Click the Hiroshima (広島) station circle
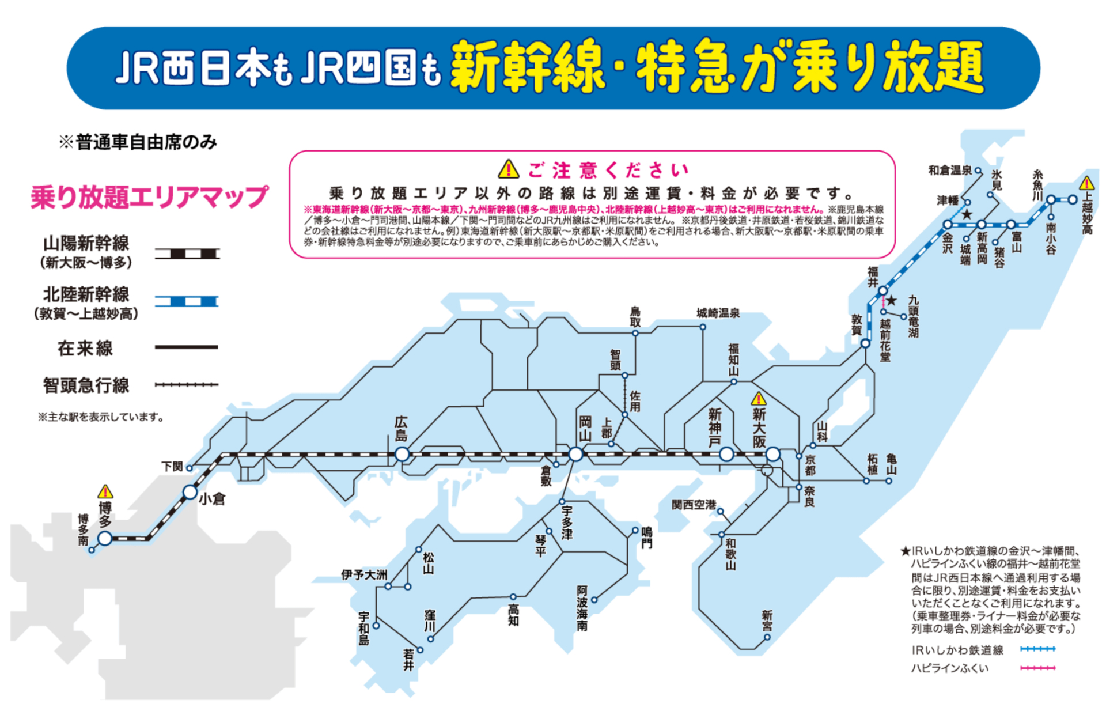402,455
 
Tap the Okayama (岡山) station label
585,429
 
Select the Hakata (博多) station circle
105,538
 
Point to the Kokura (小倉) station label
212,499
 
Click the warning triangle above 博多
105,491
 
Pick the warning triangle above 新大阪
759,399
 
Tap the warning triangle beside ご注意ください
508,169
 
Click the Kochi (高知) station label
513,615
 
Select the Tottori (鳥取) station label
635,316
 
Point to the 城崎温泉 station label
718,313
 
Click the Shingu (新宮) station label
767,621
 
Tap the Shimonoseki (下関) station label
172,466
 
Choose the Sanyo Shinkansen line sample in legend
187,254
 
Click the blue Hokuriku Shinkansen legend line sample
187,301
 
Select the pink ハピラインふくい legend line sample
1037,668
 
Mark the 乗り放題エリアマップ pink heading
149,197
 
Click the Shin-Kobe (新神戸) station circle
726,455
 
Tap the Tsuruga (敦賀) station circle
865,343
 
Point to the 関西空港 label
694,505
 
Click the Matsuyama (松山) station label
428,563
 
